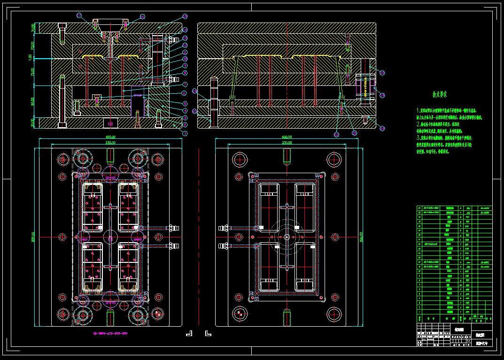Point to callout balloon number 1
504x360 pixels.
point(185,133)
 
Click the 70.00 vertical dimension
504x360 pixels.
point(32,46)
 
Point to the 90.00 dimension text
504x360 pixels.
point(32,101)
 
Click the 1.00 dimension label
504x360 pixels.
point(31,57)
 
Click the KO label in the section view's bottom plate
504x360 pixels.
point(111,124)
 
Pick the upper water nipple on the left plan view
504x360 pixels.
point(172,228)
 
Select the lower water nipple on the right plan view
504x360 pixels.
point(223,245)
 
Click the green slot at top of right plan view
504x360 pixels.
point(286,154)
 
